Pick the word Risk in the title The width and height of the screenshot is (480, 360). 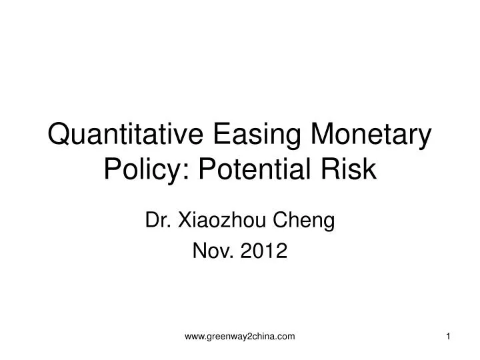click(353, 171)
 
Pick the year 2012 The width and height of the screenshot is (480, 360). click(265, 251)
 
